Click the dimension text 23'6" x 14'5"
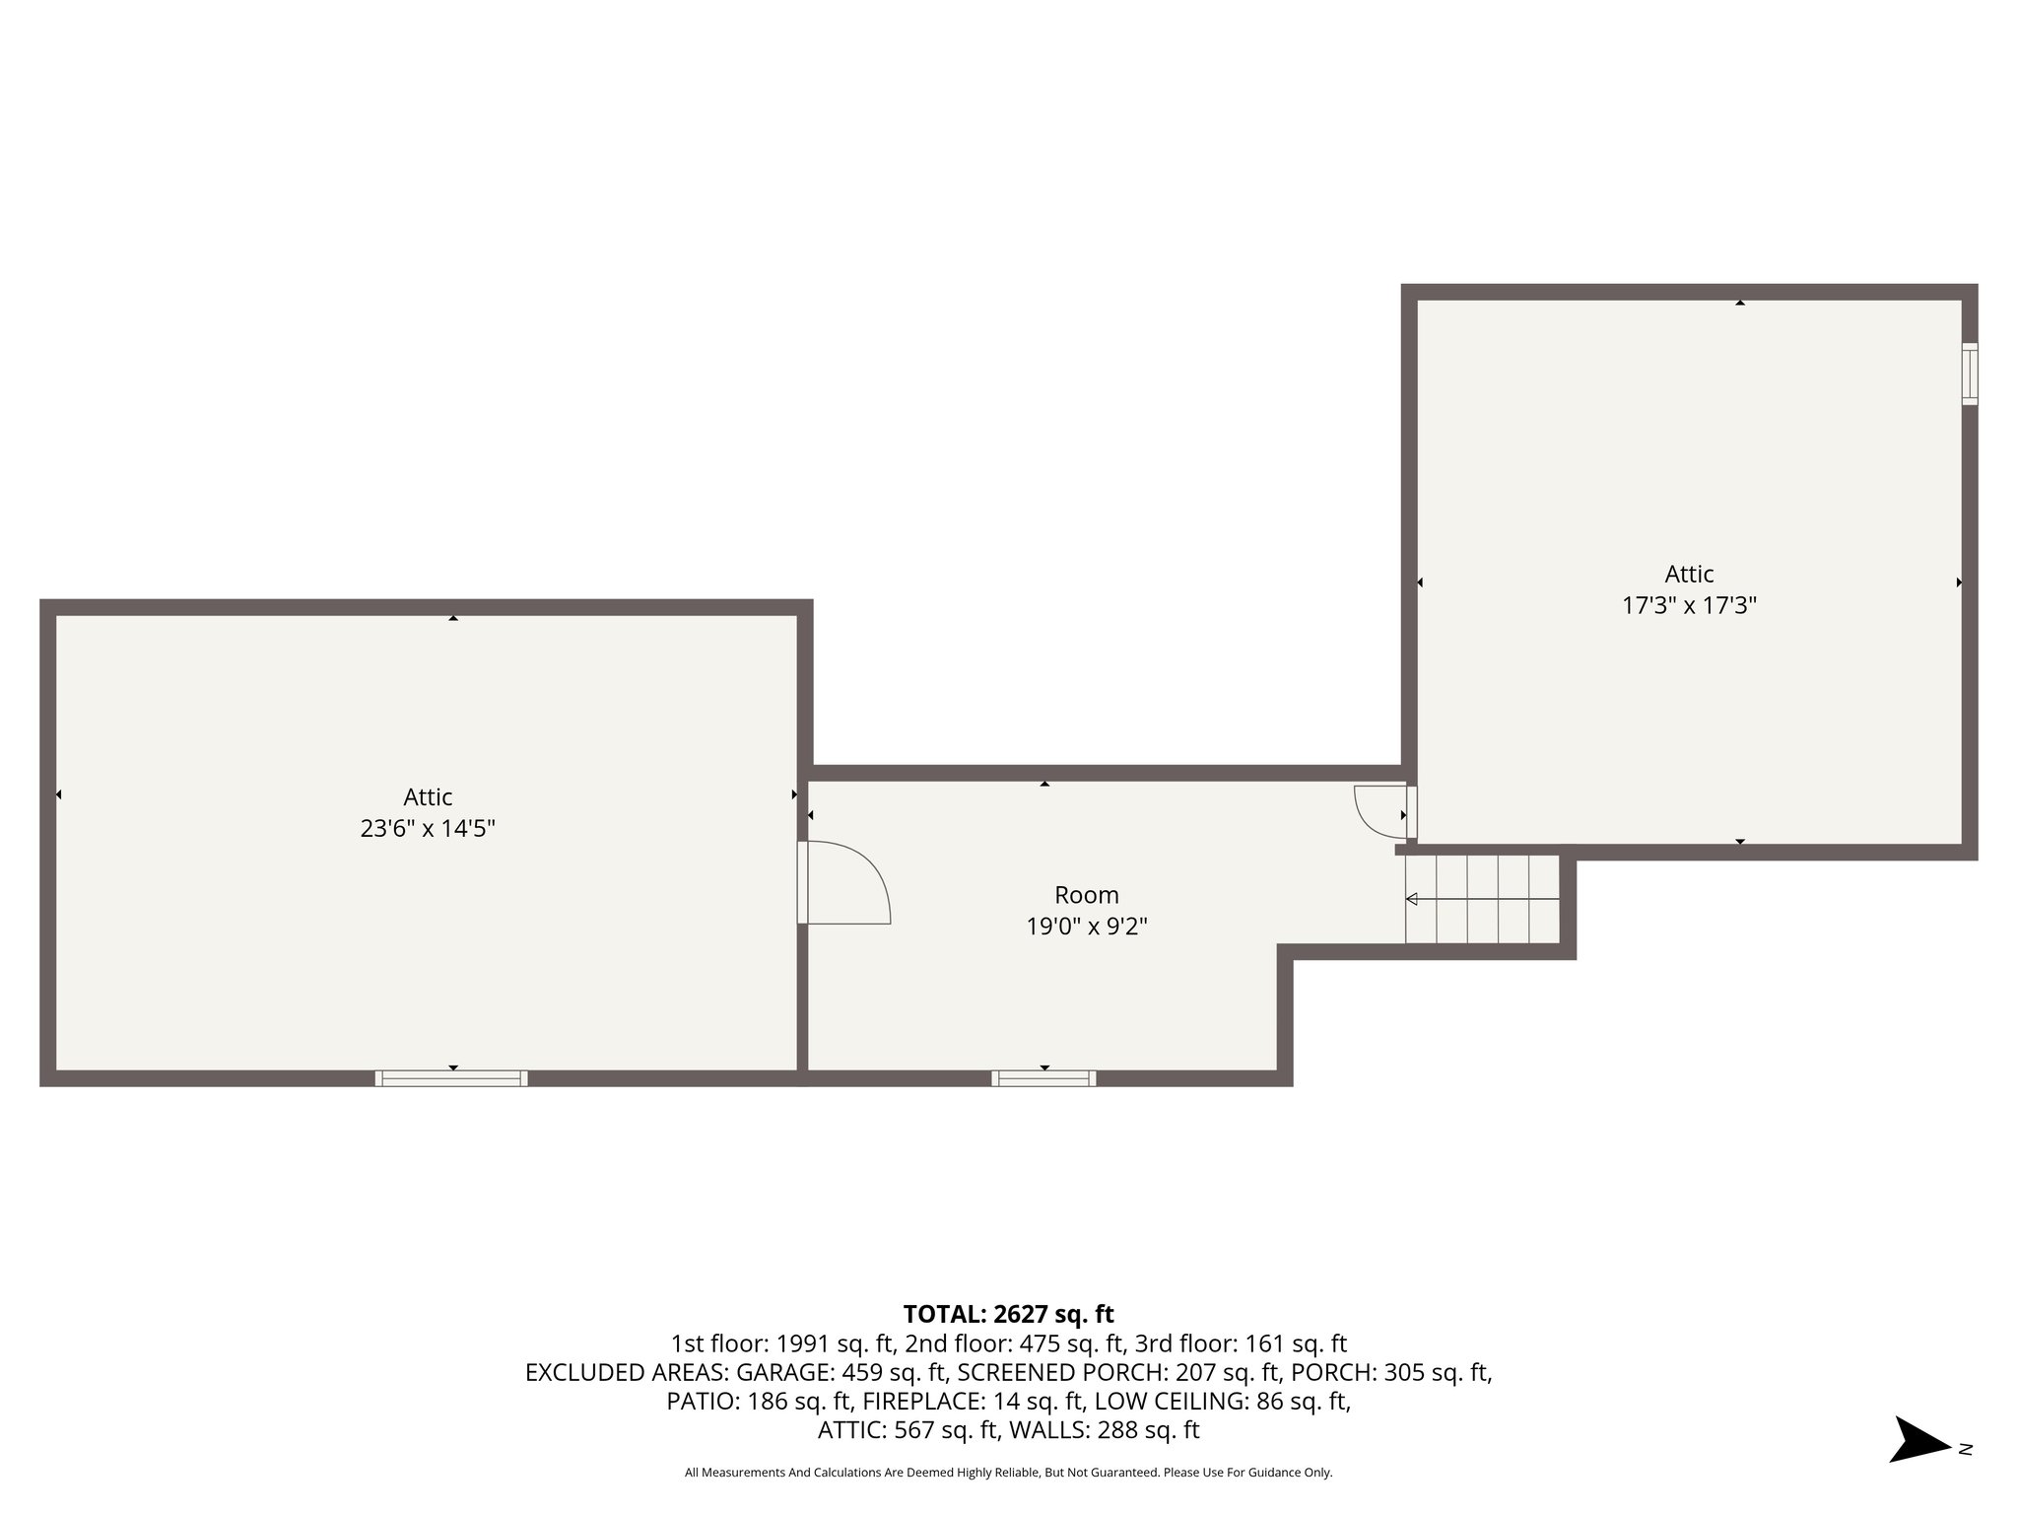427,829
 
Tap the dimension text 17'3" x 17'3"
1689,605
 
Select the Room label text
1087,895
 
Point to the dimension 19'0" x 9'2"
1087,927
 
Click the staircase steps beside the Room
1483,899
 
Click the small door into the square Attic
1382,810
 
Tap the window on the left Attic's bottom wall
451,1078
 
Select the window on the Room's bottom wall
1043,1078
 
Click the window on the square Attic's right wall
1969,374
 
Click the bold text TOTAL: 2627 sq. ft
1008,1314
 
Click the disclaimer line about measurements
1008,1473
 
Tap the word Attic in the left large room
427,796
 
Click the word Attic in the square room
1689,574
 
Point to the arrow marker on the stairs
1412,899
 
